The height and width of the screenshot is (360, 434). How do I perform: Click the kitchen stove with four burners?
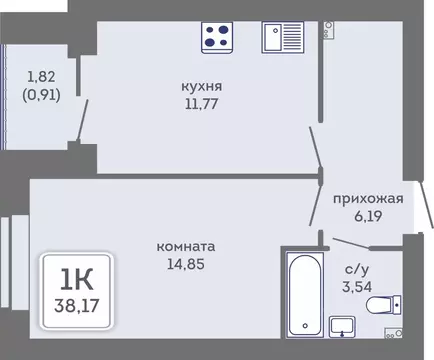point(217,38)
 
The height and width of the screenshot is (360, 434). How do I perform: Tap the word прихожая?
point(368,198)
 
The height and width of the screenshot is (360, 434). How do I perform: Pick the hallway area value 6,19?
point(368,214)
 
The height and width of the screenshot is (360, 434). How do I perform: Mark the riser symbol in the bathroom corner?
point(400,335)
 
